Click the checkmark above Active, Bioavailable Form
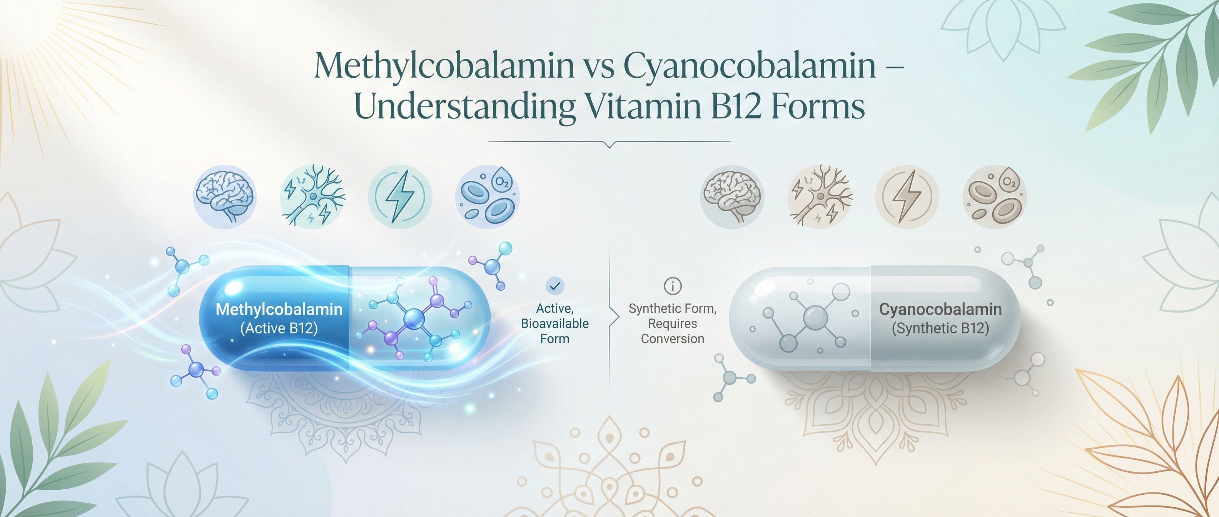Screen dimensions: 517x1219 tap(554, 286)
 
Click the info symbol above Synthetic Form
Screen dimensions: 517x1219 tap(673, 286)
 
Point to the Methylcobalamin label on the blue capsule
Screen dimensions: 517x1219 tap(279, 309)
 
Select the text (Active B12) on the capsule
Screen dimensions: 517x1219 tap(279, 328)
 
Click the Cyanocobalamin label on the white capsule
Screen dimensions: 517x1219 tap(940, 309)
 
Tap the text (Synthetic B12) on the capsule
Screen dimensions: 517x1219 tap(940, 328)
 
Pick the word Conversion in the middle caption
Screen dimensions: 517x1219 tap(673, 339)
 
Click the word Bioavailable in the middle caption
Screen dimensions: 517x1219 tap(554, 324)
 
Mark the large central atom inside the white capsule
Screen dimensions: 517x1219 tap(815, 317)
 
